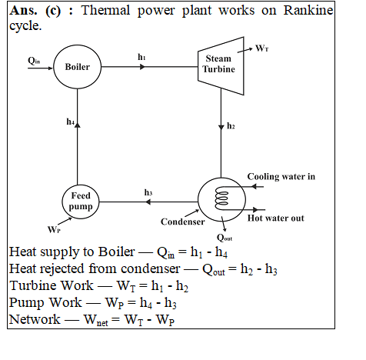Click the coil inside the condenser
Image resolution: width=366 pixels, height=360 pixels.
click(x=221, y=198)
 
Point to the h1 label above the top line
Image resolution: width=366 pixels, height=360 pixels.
click(x=141, y=57)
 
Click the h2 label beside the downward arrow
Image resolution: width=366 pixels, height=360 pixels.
click(x=231, y=126)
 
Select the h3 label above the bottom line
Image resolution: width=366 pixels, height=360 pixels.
click(x=148, y=192)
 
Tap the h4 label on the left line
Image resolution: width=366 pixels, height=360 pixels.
click(x=71, y=122)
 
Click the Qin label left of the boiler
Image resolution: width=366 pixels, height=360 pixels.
click(x=34, y=61)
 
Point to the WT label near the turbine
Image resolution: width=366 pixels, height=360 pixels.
click(x=262, y=48)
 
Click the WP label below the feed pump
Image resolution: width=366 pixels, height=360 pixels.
click(x=54, y=229)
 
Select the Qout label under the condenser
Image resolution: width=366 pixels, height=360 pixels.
click(x=225, y=238)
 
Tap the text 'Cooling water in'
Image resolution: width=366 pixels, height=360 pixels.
click(x=281, y=177)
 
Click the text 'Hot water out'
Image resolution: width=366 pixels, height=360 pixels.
click(x=276, y=218)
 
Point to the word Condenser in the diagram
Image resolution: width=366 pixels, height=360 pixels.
click(x=183, y=222)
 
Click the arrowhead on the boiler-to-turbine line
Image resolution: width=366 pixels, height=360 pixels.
click(x=142, y=67)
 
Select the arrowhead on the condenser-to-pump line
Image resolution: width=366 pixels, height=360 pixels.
click(x=148, y=202)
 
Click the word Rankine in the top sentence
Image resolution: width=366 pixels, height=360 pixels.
click(x=308, y=11)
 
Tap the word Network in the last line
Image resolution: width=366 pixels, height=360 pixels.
click(x=35, y=319)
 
